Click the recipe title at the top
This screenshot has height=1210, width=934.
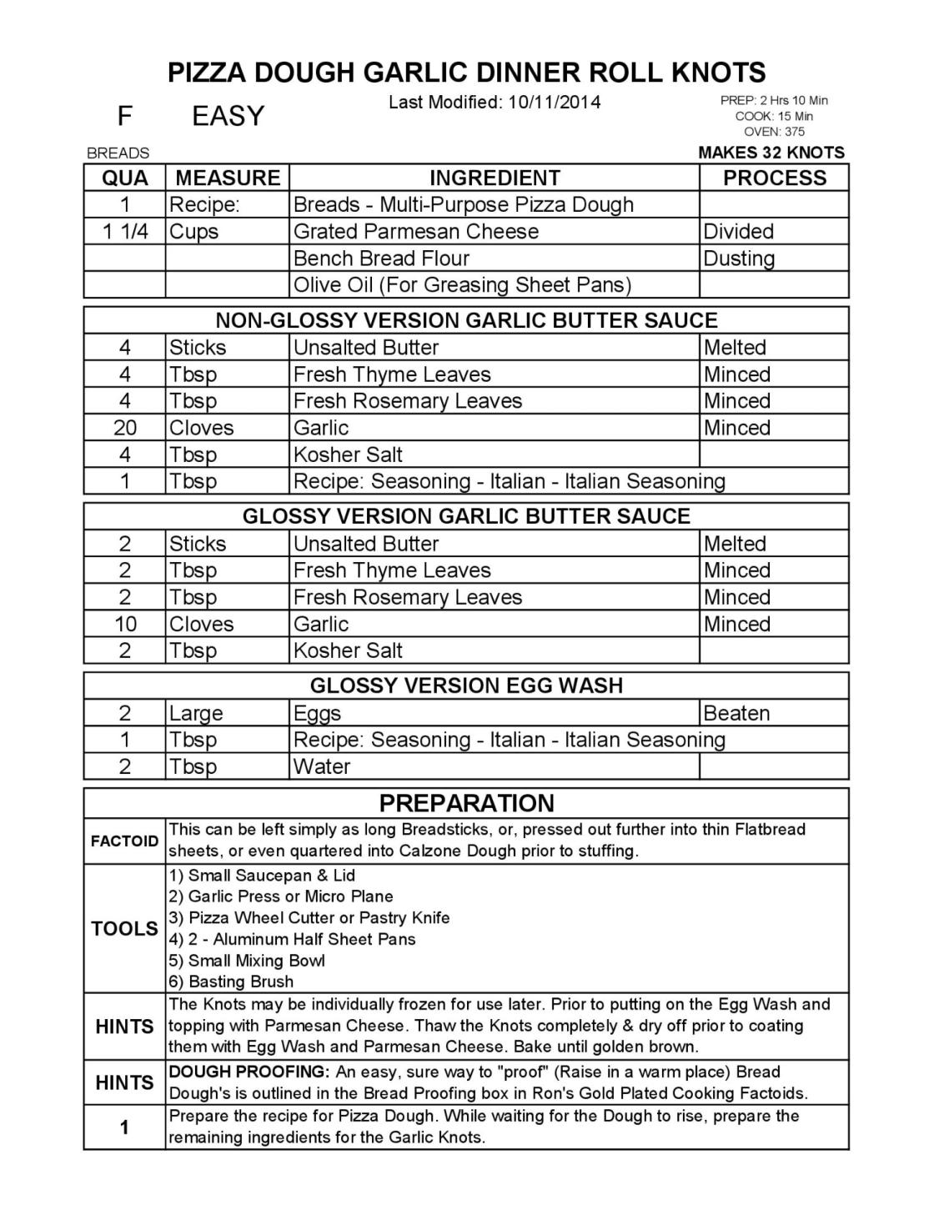click(466, 73)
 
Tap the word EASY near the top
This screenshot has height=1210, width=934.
click(228, 116)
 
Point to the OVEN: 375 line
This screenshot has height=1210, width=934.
click(774, 132)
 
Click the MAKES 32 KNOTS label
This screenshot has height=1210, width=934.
click(771, 153)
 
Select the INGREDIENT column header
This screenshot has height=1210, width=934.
click(494, 178)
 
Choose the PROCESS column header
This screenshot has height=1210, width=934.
click(774, 178)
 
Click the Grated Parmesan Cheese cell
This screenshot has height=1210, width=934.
click(415, 231)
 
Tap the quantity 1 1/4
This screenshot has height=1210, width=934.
click(125, 231)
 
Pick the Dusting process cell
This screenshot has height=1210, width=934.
click(739, 259)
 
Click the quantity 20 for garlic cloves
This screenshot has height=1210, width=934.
click(125, 428)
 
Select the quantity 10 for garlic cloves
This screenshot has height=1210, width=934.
click(125, 624)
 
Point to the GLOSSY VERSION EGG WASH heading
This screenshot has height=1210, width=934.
click(466, 685)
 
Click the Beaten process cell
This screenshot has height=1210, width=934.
click(736, 713)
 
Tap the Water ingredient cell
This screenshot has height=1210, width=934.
click(322, 766)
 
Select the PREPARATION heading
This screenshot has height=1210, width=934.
click(466, 803)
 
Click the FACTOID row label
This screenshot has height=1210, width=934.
click(124, 841)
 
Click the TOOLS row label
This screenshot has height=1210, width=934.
click(124, 928)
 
